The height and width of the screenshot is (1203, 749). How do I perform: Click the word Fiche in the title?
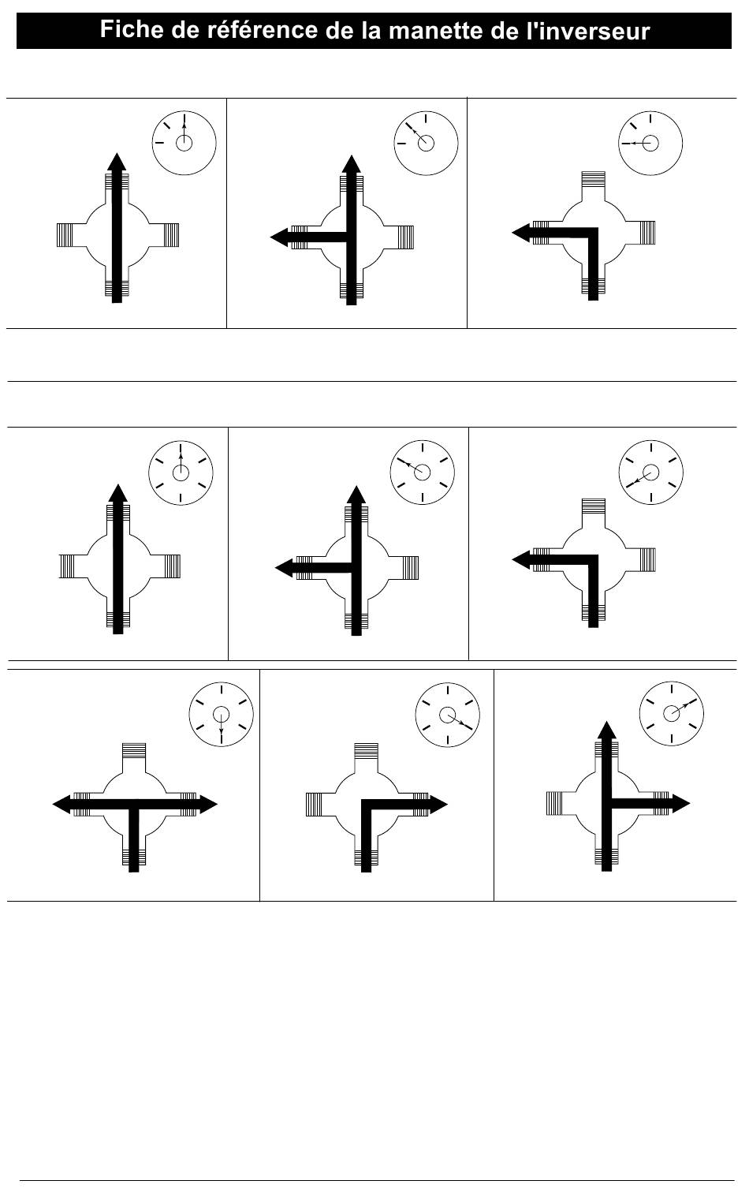130,32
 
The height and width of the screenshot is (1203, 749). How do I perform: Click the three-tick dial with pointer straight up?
184,142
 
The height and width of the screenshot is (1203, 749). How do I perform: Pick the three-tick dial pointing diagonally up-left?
426,142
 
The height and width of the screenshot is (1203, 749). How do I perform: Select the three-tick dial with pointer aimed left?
650,142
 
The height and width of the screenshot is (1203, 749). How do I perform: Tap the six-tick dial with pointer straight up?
181,473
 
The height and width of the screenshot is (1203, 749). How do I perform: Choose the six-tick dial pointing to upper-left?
423,472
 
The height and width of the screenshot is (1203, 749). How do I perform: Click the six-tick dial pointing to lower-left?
651,473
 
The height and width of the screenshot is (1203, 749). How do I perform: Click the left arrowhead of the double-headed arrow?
61,805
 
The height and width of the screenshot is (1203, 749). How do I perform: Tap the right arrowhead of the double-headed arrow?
208,805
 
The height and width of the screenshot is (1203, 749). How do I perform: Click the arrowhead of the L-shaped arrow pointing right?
438,805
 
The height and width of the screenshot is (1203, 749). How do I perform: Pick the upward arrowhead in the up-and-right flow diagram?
606,730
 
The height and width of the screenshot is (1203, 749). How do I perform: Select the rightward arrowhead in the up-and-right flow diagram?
680,804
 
